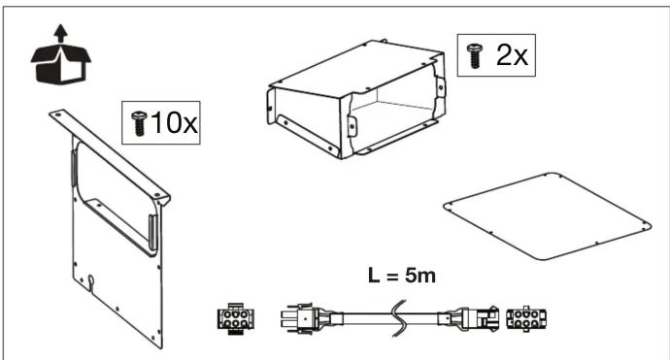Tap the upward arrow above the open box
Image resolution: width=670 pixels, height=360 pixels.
tap(60, 33)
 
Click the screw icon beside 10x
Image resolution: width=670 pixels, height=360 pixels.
tap(139, 123)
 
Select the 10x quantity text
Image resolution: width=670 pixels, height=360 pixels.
tap(175, 122)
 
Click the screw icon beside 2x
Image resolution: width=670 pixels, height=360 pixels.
tap(474, 55)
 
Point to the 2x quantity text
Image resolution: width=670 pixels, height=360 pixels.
tap(512, 55)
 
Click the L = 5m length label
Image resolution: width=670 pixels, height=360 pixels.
tap(402, 276)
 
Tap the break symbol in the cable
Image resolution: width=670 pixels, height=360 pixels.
tap(399, 318)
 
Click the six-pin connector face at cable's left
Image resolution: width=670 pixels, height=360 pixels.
tap(235, 318)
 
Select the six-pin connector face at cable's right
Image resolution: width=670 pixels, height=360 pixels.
tap(526, 318)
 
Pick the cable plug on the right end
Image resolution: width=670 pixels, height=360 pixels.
tap(469, 318)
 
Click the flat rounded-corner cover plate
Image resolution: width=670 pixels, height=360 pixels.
tap(547, 215)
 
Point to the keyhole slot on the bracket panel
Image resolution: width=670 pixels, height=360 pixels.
tap(90, 280)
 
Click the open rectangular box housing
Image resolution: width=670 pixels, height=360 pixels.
tap(356, 99)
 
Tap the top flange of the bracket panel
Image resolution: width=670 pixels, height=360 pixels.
tap(110, 156)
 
